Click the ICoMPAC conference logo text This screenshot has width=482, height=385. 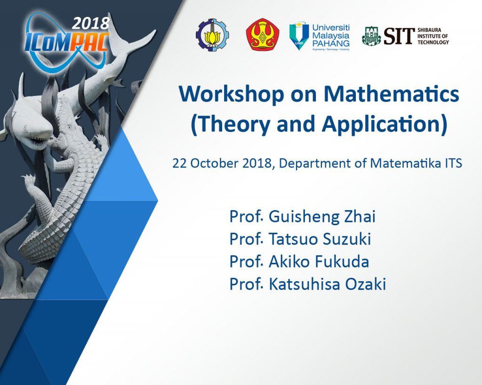tap(67, 42)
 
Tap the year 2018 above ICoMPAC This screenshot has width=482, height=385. tap(91, 24)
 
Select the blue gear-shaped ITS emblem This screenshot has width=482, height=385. tap(212, 35)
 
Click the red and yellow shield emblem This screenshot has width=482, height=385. tap(262, 34)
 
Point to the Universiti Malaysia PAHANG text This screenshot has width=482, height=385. tap(331, 36)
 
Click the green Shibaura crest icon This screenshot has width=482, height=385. tap(371, 36)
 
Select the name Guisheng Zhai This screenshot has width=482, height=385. tap(322, 216)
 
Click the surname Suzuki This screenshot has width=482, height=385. tap(346, 239)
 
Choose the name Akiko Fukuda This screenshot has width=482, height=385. tap(319, 261)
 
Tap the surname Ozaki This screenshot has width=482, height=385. tap(365, 284)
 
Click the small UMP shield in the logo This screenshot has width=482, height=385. tap(299, 36)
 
